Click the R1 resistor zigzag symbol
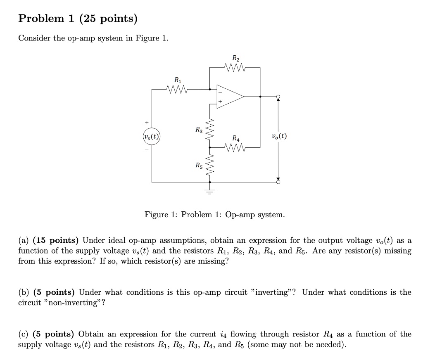click(177, 88)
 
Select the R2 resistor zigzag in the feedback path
click(235, 66)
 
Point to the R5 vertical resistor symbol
click(210, 166)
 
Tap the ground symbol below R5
click(210, 191)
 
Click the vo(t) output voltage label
click(279, 136)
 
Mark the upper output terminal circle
click(278, 97)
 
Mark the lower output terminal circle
click(278, 182)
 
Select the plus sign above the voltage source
click(146, 123)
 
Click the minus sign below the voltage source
click(146, 149)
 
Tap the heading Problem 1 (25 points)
click(78, 19)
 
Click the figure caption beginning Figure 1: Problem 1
click(214, 215)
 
